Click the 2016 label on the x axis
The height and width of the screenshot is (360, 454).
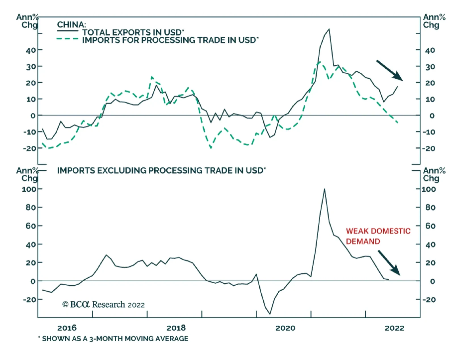tap(67, 328)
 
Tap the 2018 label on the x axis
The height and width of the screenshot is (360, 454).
tap(176, 328)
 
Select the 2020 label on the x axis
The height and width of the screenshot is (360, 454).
tap(285, 328)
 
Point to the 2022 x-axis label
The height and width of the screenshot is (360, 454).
tap(394, 328)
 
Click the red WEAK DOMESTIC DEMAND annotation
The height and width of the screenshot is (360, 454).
tap(378, 236)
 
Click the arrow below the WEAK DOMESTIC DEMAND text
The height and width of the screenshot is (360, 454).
tap(389, 263)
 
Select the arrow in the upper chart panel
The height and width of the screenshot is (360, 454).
tap(389, 70)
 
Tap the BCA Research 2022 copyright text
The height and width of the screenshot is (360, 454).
tap(104, 305)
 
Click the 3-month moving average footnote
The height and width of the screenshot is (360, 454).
tap(113, 339)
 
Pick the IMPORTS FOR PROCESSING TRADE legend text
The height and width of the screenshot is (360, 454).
tap(170, 40)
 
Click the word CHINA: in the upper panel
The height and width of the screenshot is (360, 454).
tap(72, 25)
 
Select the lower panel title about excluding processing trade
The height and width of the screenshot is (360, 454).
tap(161, 170)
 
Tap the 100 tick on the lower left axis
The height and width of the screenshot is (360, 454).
tap(29, 189)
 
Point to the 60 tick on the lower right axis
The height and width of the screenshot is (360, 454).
tap(430, 226)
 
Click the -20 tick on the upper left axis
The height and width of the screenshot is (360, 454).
tap(30, 148)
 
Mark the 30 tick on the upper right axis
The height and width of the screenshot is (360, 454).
tap(430, 67)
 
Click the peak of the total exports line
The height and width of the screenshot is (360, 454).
tap(329, 29)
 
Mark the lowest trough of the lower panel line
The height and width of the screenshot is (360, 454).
tap(270, 314)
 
